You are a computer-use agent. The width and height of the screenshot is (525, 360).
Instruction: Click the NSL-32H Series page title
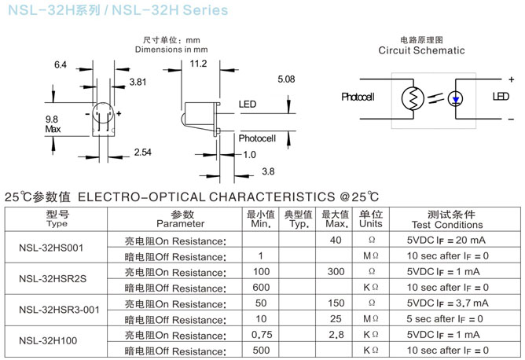[117, 11]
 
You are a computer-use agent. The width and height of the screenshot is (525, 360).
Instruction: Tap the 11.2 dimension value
[198, 64]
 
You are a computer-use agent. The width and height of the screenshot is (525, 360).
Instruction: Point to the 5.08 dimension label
[286, 79]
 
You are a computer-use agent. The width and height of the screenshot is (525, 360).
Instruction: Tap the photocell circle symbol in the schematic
[412, 98]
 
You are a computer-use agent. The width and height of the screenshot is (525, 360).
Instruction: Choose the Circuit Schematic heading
[421, 50]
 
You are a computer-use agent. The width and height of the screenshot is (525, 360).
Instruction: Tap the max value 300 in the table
[336, 271]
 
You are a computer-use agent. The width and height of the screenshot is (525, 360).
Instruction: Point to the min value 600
[260, 287]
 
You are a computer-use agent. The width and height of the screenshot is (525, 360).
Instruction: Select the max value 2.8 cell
[336, 334]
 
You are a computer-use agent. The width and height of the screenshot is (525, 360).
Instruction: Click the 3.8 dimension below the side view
[267, 171]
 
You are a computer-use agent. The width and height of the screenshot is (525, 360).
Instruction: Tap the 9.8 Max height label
[53, 123]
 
